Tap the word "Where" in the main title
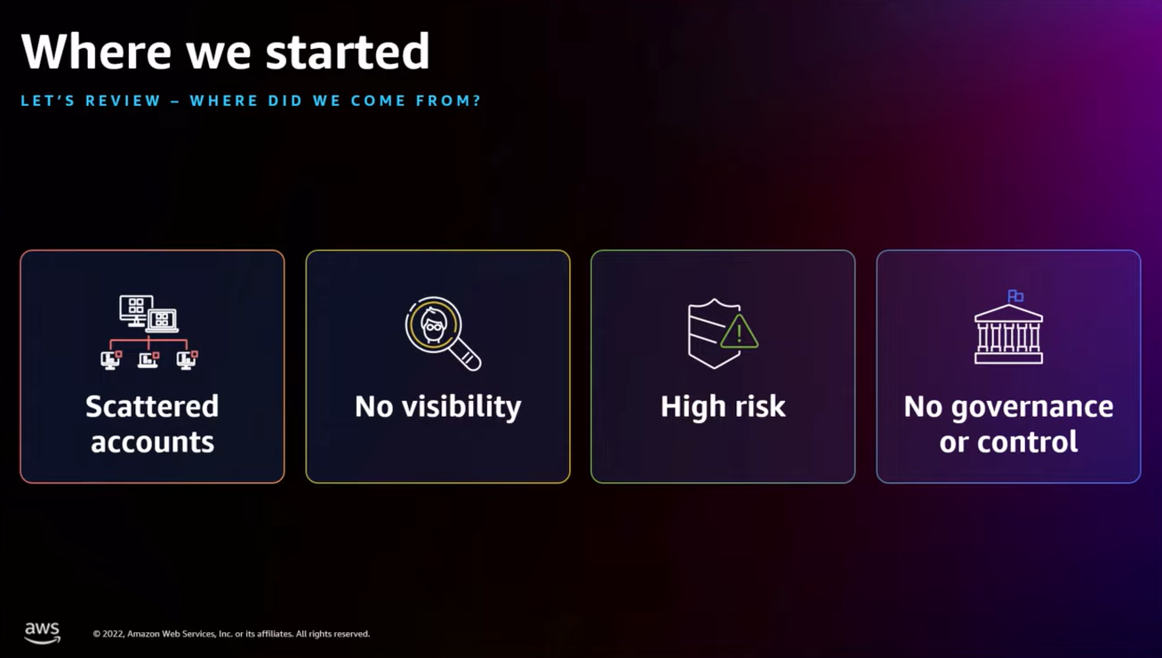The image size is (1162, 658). click(97, 52)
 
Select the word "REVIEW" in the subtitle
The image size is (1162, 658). click(123, 100)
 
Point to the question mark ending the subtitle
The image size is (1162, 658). click(477, 100)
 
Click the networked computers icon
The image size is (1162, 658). click(149, 332)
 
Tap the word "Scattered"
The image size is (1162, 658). click(152, 406)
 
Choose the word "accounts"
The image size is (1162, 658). click(152, 442)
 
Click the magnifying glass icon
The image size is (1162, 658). click(442, 333)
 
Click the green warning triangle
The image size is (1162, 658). click(739, 333)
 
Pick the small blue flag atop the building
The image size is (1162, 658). click(1015, 296)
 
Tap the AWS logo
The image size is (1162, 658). click(42, 632)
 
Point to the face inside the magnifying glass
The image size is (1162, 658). click(433, 325)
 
